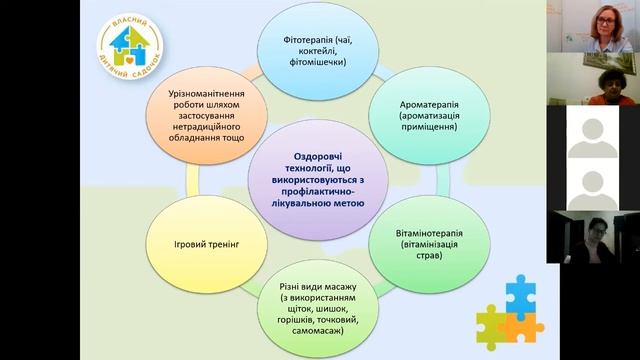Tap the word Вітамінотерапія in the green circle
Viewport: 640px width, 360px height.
coord(416,235)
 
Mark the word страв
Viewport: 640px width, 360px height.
coord(416,254)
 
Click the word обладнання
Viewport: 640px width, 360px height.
coord(195,129)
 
